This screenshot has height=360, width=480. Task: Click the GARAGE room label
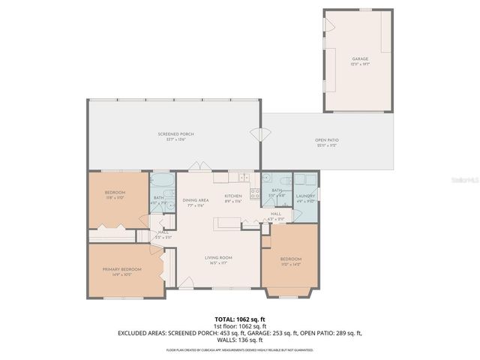360,58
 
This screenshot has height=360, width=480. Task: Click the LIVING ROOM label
219,257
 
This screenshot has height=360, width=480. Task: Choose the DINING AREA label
195,200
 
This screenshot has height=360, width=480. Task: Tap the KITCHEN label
233,196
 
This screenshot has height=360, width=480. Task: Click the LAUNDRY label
304,196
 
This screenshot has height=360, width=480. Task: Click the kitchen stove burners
254,196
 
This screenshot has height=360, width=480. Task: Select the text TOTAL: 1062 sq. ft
239,318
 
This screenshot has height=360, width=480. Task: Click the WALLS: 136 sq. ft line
239,339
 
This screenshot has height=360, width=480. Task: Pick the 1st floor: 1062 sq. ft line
239,325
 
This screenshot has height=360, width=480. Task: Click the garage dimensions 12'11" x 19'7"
360,63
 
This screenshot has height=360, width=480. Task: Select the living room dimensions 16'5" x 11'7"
219,262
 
